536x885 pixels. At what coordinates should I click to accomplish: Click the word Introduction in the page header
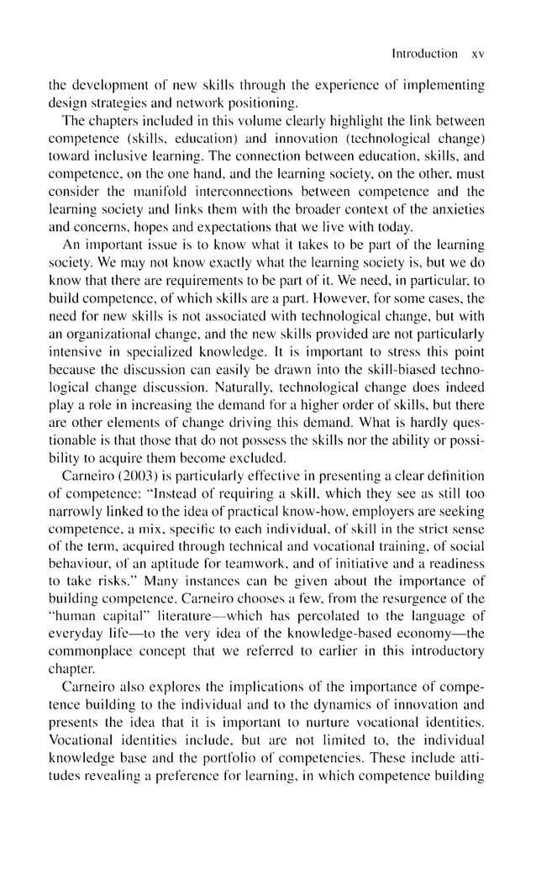coord(424,53)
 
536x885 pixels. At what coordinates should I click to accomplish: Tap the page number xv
coord(479,53)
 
